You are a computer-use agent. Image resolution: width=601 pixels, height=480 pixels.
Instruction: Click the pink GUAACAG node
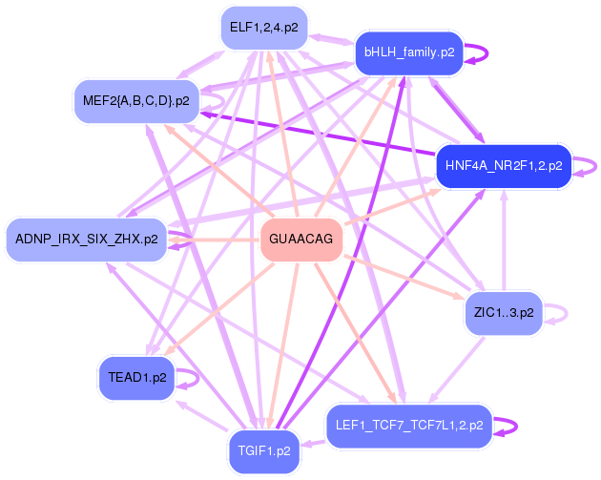tap(301, 239)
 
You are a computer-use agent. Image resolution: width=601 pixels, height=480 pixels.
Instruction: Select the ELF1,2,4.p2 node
tap(262, 28)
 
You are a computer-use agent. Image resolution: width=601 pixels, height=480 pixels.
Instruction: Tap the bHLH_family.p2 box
tap(408, 52)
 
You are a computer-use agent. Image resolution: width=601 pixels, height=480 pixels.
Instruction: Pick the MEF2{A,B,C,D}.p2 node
tap(135, 99)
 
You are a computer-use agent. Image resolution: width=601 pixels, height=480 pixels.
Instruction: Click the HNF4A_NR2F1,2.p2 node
tap(503, 166)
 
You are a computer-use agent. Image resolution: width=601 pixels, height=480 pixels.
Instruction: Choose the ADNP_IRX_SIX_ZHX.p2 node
tap(87, 239)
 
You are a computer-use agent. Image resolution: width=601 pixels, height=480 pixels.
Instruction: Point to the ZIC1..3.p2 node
tap(503, 311)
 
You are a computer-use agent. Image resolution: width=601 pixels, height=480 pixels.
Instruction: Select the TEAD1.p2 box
tap(137, 377)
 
